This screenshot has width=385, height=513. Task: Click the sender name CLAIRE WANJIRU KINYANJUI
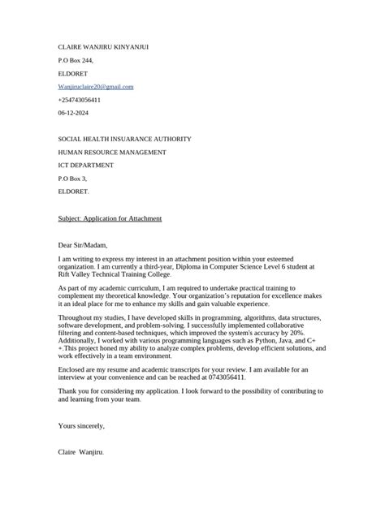(x=103, y=47)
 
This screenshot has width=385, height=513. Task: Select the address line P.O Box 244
(x=76, y=60)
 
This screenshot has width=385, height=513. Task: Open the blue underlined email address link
(x=96, y=86)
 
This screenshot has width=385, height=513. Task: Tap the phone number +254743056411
(x=80, y=99)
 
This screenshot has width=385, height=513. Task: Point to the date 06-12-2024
(x=74, y=112)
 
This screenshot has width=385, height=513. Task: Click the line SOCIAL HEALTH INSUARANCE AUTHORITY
(x=124, y=139)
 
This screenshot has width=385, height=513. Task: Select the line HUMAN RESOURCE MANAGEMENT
(x=112, y=152)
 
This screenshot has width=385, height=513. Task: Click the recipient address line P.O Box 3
(x=72, y=178)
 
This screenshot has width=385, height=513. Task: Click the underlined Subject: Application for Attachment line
(x=110, y=218)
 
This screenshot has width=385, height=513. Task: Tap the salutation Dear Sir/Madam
(x=83, y=244)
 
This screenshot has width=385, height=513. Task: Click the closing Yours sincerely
(x=81, y=425)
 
